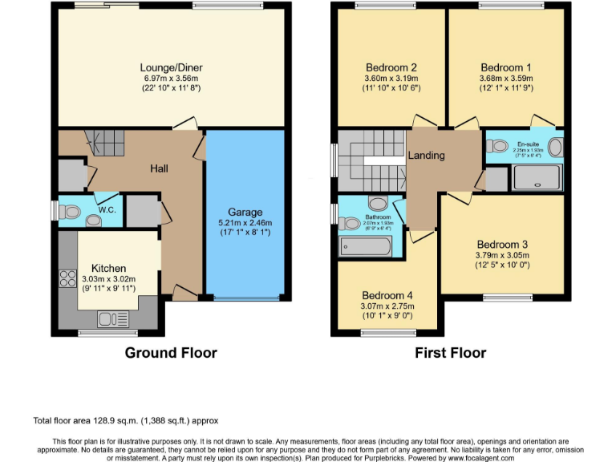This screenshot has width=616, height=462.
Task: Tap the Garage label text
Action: click(x=245, y=212)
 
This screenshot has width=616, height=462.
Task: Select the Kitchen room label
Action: click(x=107, y=267)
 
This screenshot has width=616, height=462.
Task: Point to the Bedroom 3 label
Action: click(x=501, y=245)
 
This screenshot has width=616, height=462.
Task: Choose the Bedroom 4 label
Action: click(x=387, y=294)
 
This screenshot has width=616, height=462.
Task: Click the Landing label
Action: click(x=426, y=155)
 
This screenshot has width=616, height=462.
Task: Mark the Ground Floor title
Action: click(x=170, y=352)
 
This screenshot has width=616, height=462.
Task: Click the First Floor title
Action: click(x=450, y=352)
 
